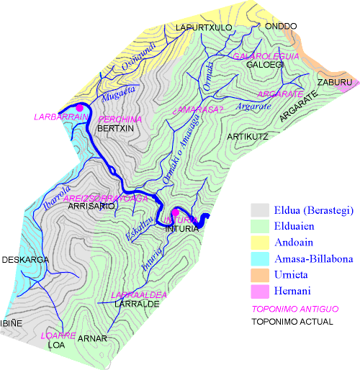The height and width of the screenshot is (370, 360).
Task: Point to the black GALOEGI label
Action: tap(266, 65)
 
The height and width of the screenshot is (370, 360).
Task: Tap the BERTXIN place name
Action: tap(116, 128)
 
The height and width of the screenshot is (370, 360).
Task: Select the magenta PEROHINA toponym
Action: tap(120, 119)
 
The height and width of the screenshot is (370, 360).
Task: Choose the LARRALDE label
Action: tap(136, 304)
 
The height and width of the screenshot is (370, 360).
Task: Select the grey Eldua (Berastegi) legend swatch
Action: tap(259, 210)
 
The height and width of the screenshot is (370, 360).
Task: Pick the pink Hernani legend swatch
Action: tap(259, 291)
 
